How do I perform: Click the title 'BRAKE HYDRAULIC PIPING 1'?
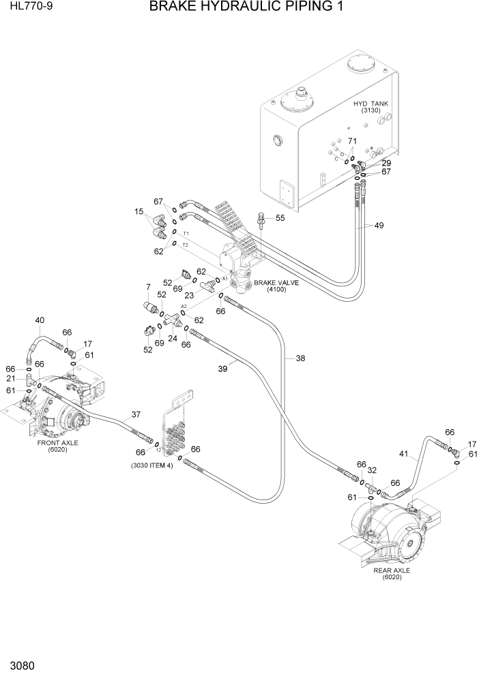click(x=246, y=7)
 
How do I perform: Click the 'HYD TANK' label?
click(x=371, y=104)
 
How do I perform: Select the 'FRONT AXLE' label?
click(x=58, y=442)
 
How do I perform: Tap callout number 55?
click(x=280, y=218)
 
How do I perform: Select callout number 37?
click(x=136, y=414)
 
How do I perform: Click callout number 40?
click(x=40, y=320)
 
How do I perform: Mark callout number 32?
click(x=372, y=470)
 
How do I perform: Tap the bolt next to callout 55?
click(x=261, y=220)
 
